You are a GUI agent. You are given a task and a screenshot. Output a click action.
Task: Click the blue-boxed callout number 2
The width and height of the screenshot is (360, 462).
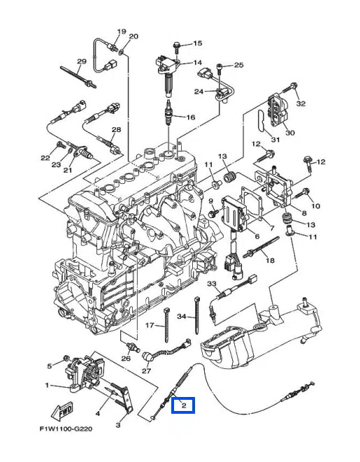[x=184, y=405]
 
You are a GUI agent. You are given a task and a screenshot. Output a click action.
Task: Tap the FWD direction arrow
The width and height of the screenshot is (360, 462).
[x=62, y=410]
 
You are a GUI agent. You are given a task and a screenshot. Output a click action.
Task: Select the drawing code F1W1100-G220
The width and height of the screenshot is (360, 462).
[x=66, y=429]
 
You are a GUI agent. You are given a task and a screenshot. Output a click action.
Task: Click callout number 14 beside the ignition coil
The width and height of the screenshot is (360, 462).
[x=197, y=63]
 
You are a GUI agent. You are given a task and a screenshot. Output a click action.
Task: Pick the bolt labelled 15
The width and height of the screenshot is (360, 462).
[x=176, y=47]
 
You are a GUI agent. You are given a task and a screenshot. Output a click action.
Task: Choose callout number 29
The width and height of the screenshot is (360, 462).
[x=82, y=62]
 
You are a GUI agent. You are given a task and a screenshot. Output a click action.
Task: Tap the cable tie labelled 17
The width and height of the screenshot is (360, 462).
[x=167, y=325]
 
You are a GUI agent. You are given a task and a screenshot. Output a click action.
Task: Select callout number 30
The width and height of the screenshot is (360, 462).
[x=290, y=133]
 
